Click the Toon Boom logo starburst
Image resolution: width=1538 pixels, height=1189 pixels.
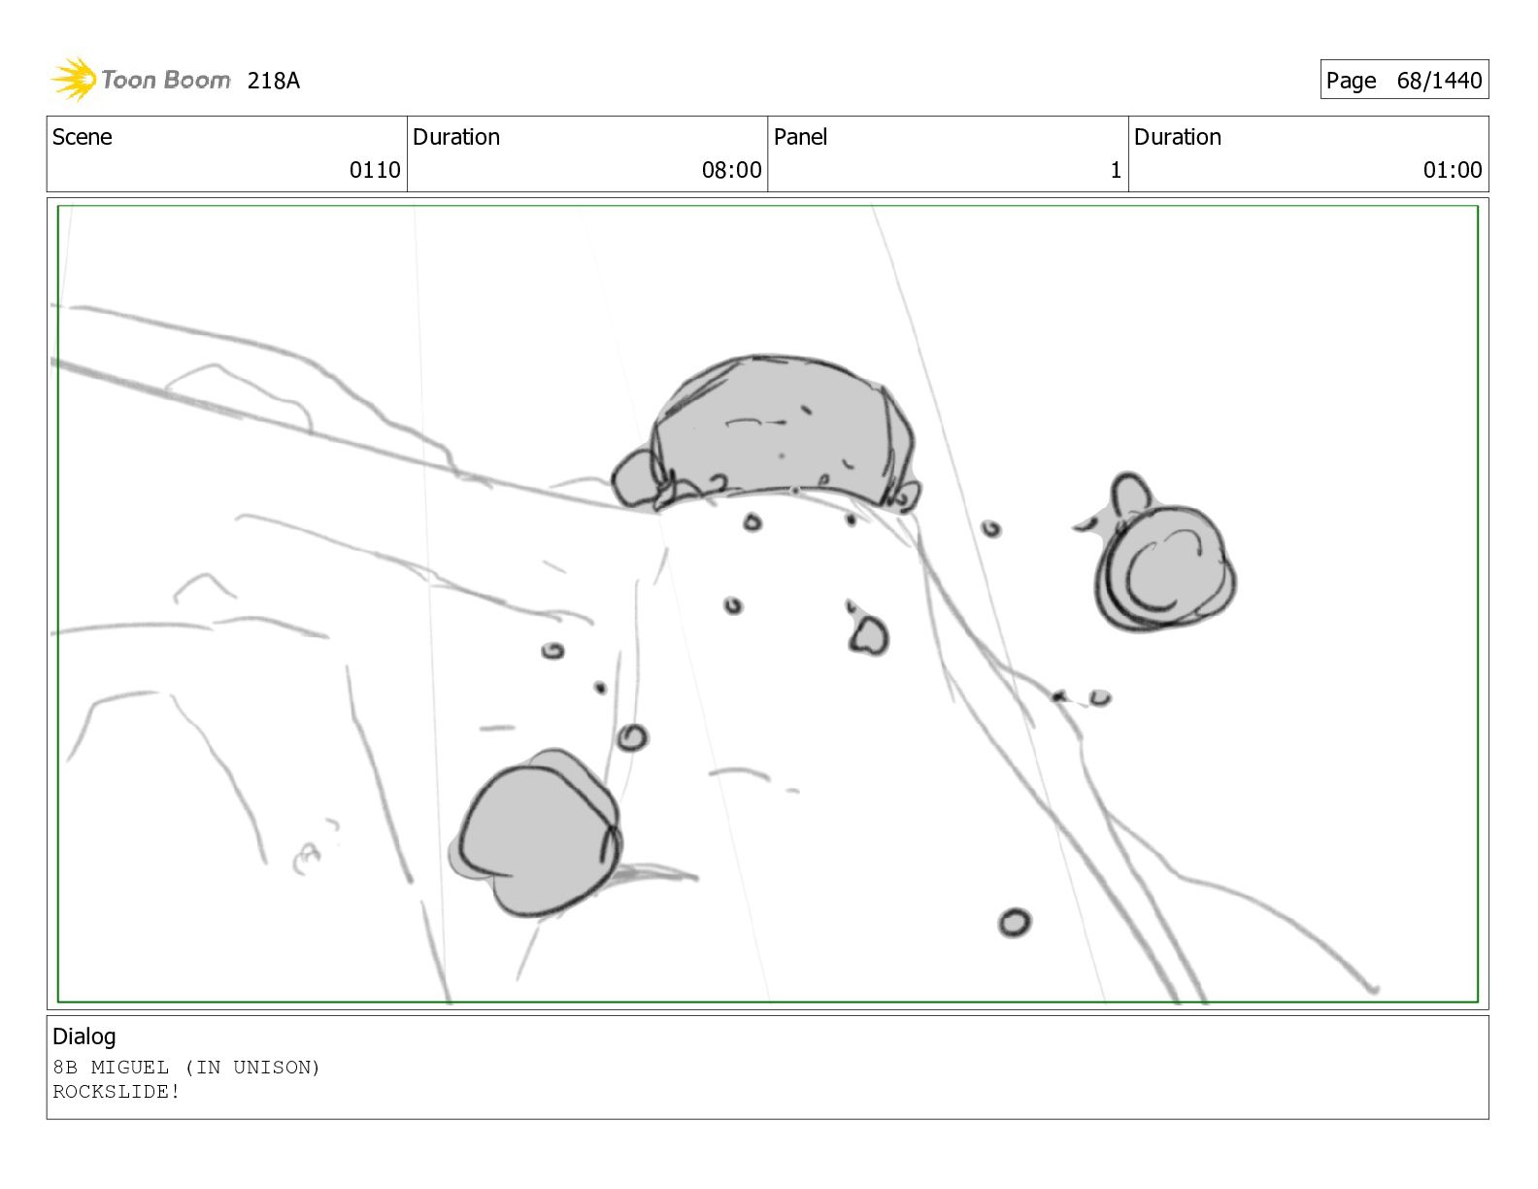pyautogui.click(x=74, y=79)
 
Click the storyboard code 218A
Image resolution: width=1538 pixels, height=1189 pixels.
pyautogui.click(x=273, y=81)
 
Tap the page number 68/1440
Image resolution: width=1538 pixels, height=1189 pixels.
pyautogui.click(x=1439, y=81)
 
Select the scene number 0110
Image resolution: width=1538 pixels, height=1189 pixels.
pyautogui.click(x=375, y=170)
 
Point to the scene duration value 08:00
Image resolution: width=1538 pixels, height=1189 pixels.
pyautogui.click(x=731, y=170)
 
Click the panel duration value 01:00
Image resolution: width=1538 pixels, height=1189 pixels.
pyautogui.click(x=1453, y=170)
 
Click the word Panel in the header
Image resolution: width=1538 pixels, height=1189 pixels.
pyautogui.click(x=800, y=137)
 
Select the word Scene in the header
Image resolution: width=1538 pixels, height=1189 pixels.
pyautogui.click(x=83, y=137)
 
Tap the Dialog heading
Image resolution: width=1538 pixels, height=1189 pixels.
pyautogui.click(x=84, y=1037)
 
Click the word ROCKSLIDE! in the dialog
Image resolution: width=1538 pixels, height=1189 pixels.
pyautogui.click(x=117, y=1091)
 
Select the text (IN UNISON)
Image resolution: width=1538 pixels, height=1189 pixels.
pyautogui.click(x=252, y=1068)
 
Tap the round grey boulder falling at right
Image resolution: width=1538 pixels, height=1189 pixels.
pyautogui.click(x=1160, y=560)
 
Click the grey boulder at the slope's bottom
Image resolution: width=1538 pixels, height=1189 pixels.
pyautogui.click(x=536, y=833)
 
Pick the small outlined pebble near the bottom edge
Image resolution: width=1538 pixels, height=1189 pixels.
pyautogui.click(x=1015, y=924)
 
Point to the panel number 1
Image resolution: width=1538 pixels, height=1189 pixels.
pyautogui.click(x=1116, y=170)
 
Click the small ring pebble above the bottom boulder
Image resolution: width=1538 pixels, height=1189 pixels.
pyautogui.click(x=632, y=738)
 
